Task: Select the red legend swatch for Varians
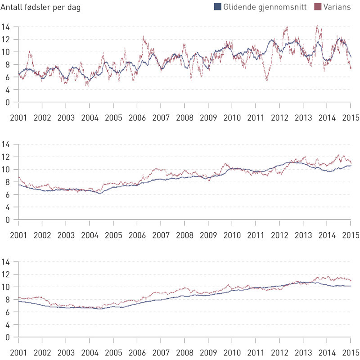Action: pos(318,7)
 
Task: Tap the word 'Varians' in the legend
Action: pos(337,7)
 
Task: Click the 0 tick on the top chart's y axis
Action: pos(7,102)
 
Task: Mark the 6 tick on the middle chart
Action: pos(7,194)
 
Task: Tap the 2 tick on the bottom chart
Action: pos(7,324)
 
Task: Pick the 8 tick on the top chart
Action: pos(7,64)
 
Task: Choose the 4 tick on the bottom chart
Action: pos(7,312)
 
